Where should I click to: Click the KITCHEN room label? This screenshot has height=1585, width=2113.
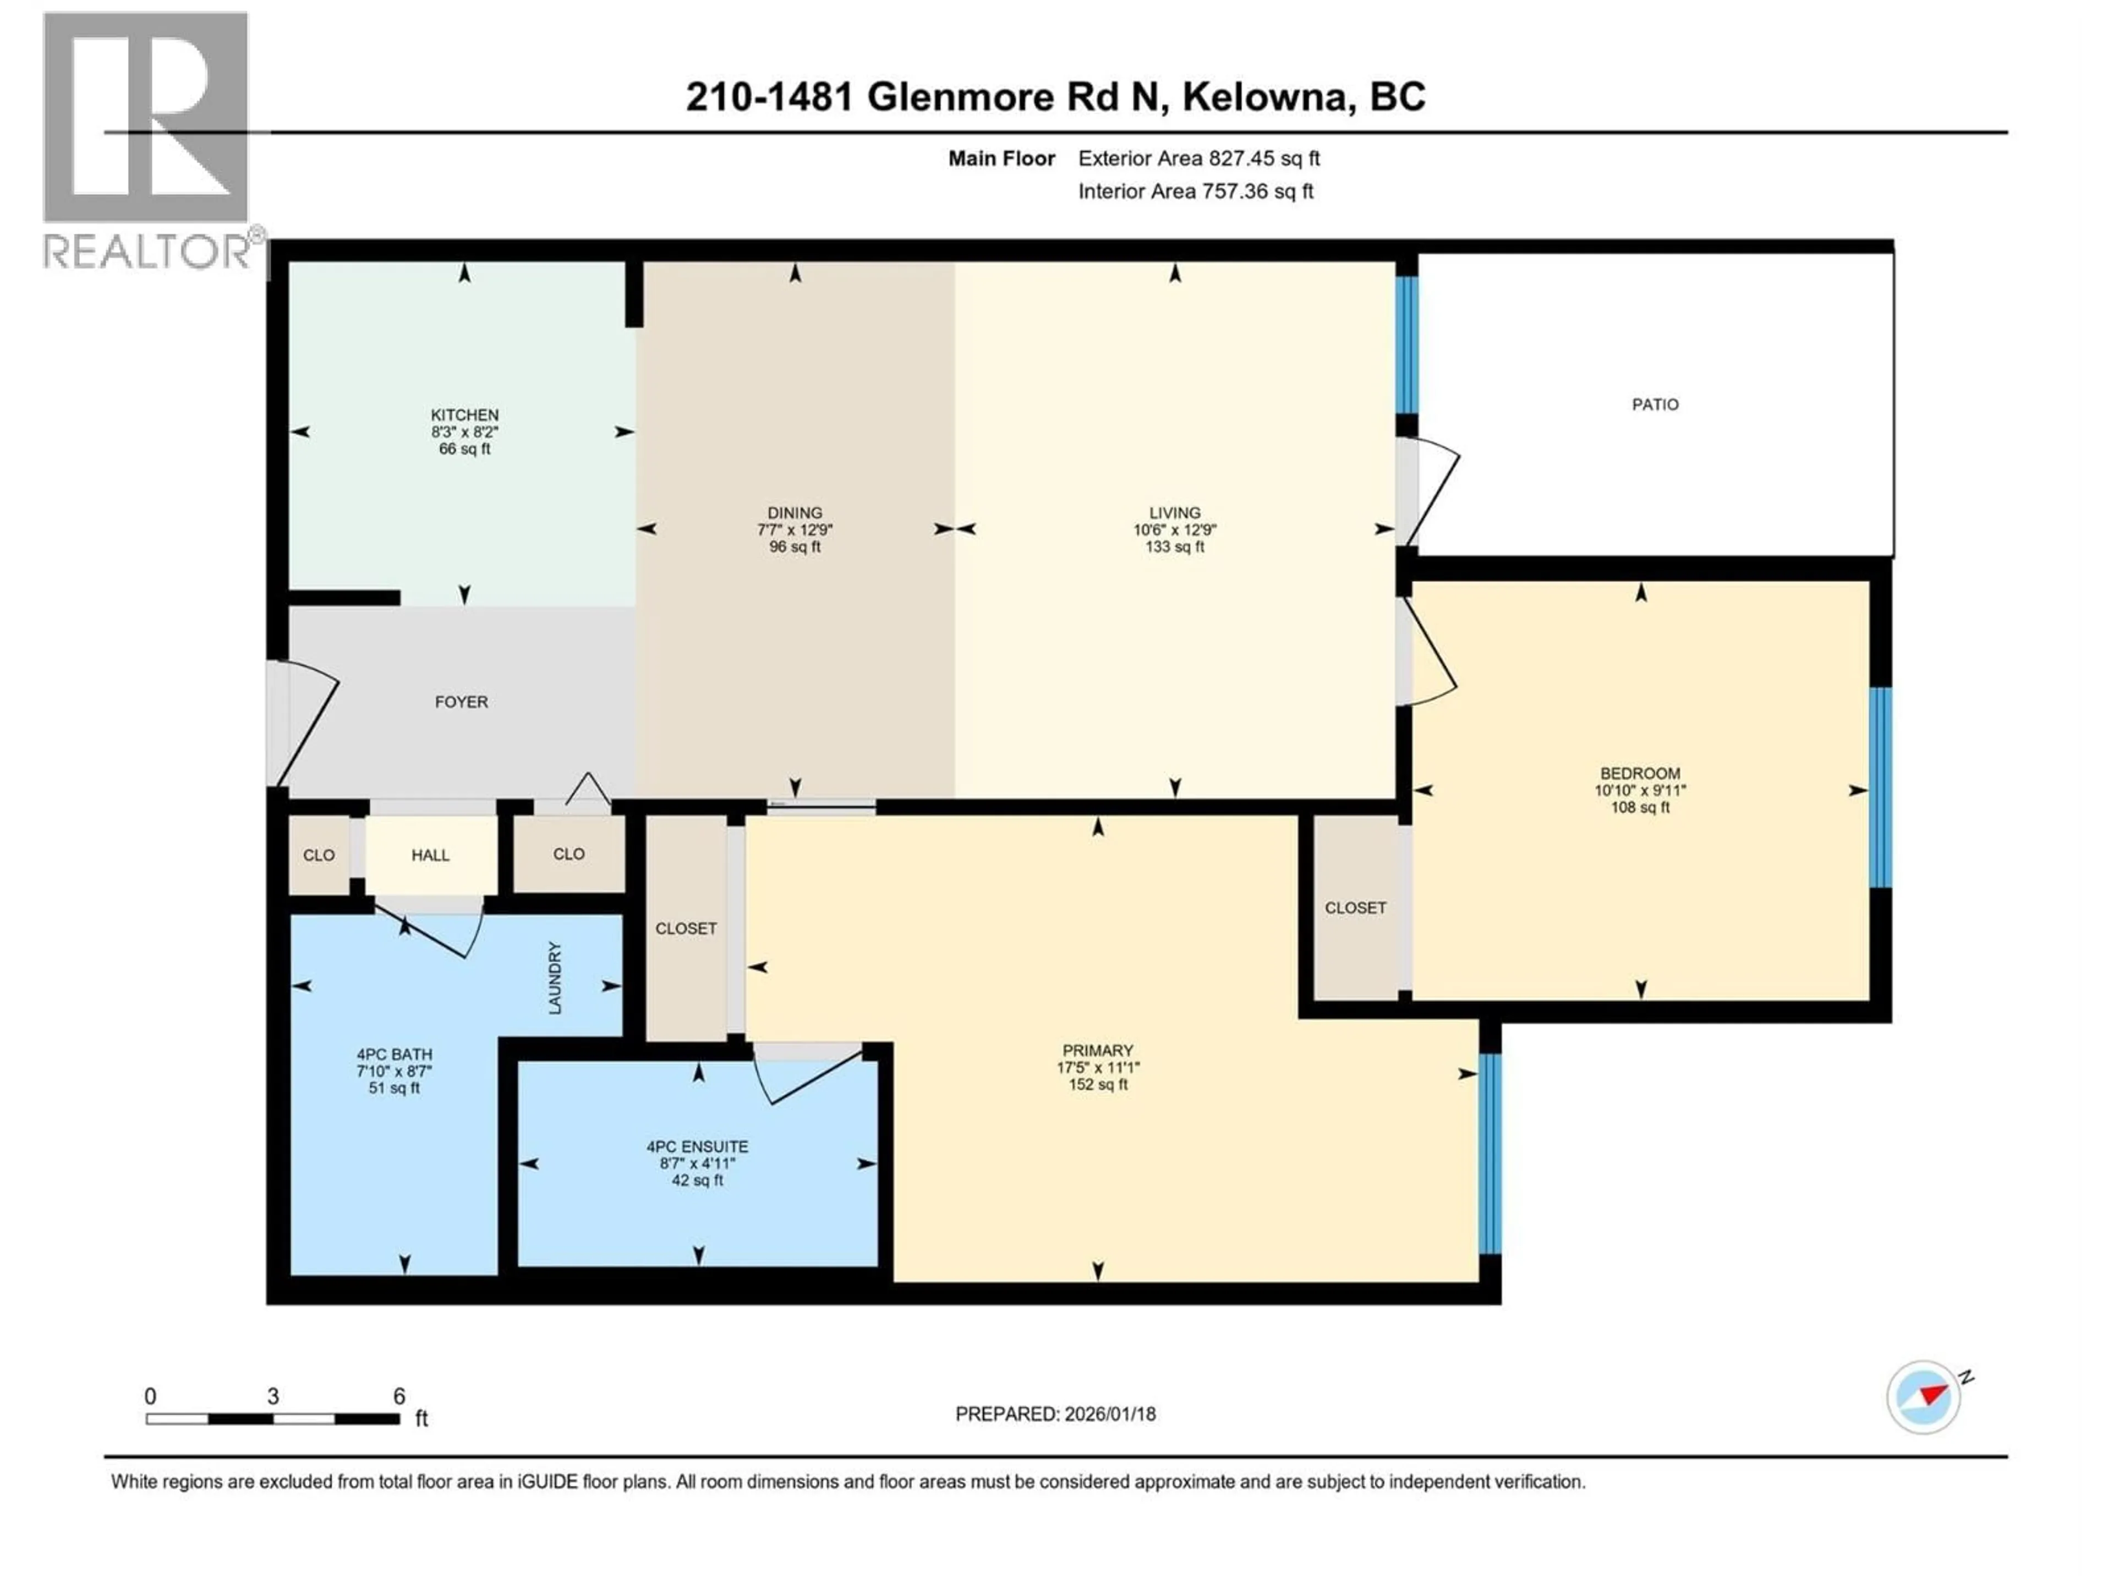tap(464, 414)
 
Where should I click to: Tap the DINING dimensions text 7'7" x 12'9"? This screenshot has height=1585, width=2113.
tap(795, 529)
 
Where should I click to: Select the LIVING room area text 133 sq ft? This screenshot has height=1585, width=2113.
tap(1174, 546)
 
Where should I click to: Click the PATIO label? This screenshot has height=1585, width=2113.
tap(1655, 404)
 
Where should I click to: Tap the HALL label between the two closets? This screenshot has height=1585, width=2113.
tap(430, 855)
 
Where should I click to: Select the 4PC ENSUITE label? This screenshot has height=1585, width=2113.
tap(697, 1146)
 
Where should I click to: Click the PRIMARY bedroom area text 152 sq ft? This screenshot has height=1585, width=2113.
tap(1098, 1084)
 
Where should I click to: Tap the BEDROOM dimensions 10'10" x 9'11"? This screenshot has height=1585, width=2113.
tap(1640, 790)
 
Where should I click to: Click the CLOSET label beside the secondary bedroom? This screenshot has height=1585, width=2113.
tap(1355, 908)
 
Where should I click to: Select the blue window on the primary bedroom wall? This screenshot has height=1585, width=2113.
tap(1489, 1153)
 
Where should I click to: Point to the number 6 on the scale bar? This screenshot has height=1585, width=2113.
tap(399, 1396)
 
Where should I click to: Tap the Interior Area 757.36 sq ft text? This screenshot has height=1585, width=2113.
tap(1195, 191)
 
